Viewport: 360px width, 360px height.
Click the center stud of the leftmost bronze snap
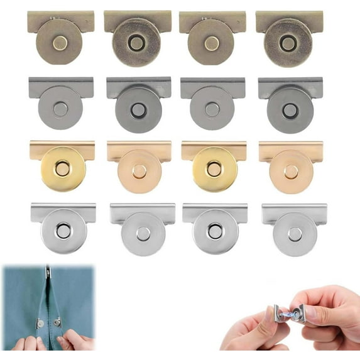[x=60, y=42]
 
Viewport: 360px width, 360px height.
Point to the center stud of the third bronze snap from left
[x=212, y=42]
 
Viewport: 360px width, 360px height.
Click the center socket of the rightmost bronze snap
[x=288, y=43]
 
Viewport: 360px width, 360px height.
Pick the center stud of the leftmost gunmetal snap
[x=60, y=109]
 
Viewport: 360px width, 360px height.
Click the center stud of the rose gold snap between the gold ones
[x=139, y=171]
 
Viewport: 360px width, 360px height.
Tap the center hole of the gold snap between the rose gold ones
[x=214, y=168]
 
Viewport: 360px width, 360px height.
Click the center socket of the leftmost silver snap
[x=63, y=231]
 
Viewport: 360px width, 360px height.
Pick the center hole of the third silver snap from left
[x=215, y=231]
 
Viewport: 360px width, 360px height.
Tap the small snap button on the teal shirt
[x=39, y=322]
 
